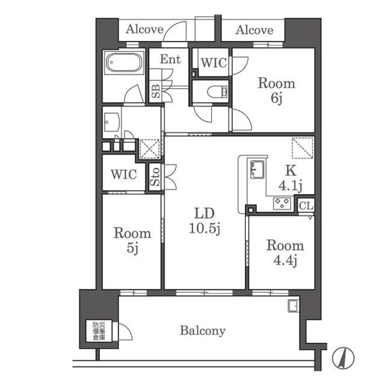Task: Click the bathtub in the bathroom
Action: [124, 63]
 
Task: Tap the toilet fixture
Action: [218, 92]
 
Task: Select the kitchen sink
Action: [257, 170]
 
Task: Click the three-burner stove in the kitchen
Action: [282, 203]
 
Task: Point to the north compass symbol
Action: [343, 357]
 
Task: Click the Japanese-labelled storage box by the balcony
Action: [99, 331]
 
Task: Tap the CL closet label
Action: [306, 206]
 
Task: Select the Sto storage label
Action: [155, 176]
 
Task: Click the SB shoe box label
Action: [155, 91]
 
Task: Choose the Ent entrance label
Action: [170, 59]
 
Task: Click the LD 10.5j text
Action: [205, 221]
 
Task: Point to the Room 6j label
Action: [276, 91]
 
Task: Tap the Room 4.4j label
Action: [285, 253]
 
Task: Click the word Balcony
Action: [203, 331]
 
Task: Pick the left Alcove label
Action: [144, 29]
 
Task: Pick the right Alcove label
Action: [254, 30]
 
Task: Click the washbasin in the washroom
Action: [111, 122]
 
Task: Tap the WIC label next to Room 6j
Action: [214, 63]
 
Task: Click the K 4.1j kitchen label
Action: [290, 178]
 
